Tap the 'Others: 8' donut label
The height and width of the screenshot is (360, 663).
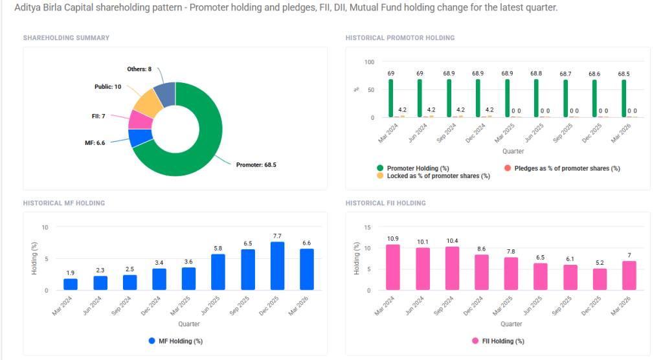click(x=140, y=69)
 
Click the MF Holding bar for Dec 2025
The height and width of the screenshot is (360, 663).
click(x=277, y=266)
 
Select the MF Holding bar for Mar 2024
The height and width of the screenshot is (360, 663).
click(x=71, y=284)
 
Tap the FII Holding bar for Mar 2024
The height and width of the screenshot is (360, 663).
click(x=392, y=267)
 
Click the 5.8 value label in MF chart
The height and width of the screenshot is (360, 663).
click(x=218, y=248)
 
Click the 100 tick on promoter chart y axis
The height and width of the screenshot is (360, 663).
click(x=370, y=62)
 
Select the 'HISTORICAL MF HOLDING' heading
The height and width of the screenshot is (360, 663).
click(x=64, y=203)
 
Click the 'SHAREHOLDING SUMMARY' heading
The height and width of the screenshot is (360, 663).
click(x=66, y=38)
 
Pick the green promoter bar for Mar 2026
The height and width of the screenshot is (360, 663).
click(x=624, y=98)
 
